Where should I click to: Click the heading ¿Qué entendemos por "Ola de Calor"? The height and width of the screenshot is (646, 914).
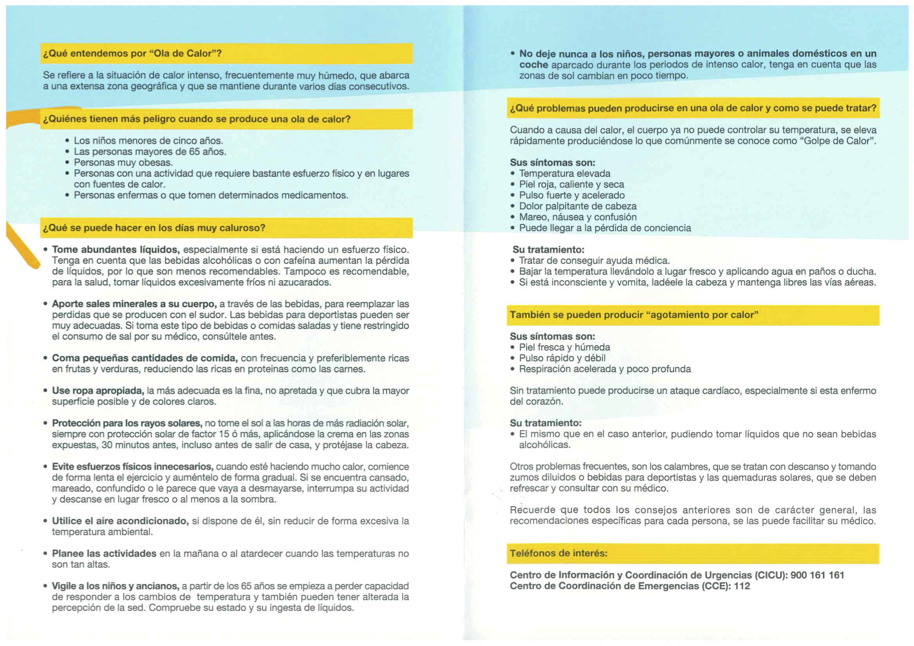(x=132, y=53)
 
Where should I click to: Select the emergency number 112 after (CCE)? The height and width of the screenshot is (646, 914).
(x=741, y=586)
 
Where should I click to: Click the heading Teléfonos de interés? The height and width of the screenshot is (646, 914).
(x=558, y=553)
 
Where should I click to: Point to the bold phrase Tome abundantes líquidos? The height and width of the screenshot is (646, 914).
(x=116, y=250)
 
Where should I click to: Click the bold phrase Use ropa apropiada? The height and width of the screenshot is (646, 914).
(x=98, y=391)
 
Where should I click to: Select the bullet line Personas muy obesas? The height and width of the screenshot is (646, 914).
(x=123, y=163)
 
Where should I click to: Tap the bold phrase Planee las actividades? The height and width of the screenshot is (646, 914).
(x=104, y=553)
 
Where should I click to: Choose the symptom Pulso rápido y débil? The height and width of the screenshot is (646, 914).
(x=562, y=358)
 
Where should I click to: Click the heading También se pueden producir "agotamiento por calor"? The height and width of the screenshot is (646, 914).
(x=634, y=315)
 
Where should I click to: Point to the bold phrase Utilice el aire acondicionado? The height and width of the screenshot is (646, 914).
(x=120, y=521)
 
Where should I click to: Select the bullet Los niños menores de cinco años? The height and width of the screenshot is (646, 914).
(x=148, y=141)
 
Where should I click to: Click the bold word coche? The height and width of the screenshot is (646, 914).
(x=533, y=65)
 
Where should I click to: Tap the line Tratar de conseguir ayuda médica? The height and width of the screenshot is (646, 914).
(x=594, y=261)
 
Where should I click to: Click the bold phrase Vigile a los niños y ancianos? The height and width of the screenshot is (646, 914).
(x=115, y=586)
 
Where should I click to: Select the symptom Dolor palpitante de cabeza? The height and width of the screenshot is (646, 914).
(x=577, y=206)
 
